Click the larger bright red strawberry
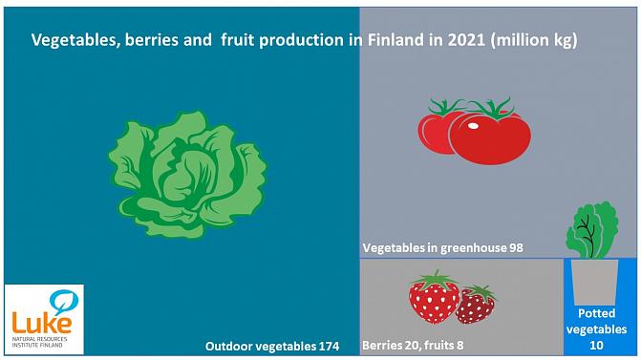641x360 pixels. point(434,301)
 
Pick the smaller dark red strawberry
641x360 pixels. point(475,306)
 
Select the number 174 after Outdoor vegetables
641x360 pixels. point(325,345)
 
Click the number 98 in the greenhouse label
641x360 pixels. point(516,247)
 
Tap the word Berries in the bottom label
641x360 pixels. point(383,344)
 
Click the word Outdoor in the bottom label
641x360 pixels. point(232,345)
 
